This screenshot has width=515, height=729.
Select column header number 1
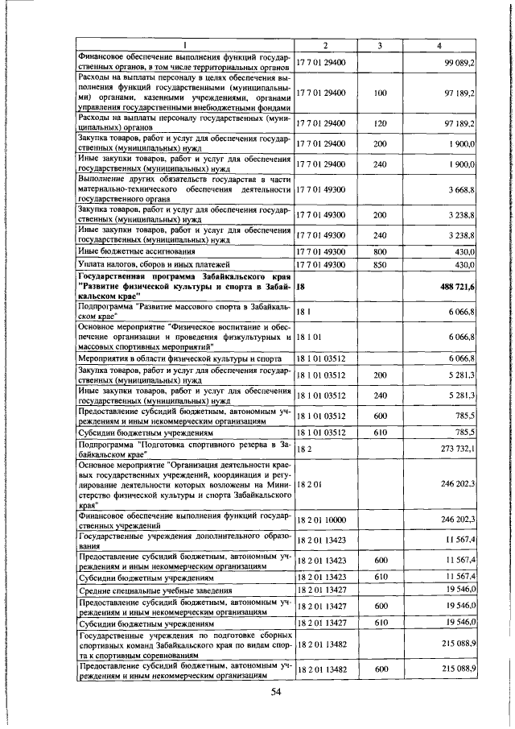click(184, 45)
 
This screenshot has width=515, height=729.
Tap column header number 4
click(439, 45)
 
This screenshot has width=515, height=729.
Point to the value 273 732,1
click(457, 447)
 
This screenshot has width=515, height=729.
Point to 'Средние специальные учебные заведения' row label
click(152, 590)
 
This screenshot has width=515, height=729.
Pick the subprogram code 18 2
click(303, 447)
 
